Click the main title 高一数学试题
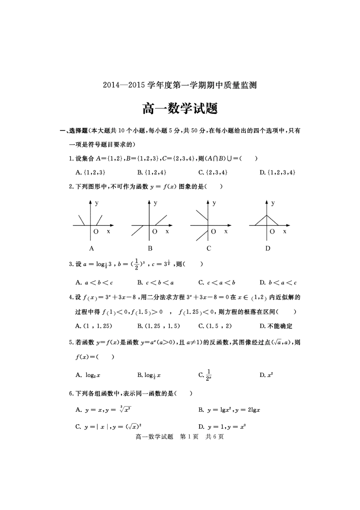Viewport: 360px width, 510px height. point(180,108)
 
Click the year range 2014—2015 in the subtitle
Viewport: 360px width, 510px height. point(124,85)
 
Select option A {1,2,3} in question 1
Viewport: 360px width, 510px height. point(91,173)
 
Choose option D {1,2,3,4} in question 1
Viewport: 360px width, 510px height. point(277,173)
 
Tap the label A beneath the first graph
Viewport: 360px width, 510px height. point(91,249)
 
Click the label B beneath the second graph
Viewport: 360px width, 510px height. point(150,249)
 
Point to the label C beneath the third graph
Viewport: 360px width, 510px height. point(209,249)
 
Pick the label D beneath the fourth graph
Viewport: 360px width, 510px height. point(268,249)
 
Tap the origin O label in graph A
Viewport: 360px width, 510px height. point(96,232)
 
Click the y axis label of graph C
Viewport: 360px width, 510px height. point(214,203)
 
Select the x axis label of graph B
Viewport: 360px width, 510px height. point(167,231)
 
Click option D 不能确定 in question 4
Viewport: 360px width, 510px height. point(276,326)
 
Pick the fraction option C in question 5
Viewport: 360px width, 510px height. point(205,375)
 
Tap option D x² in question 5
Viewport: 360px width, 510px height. point(266,375)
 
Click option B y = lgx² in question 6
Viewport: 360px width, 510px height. point(229,410)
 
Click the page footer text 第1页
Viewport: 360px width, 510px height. point(189,437)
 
